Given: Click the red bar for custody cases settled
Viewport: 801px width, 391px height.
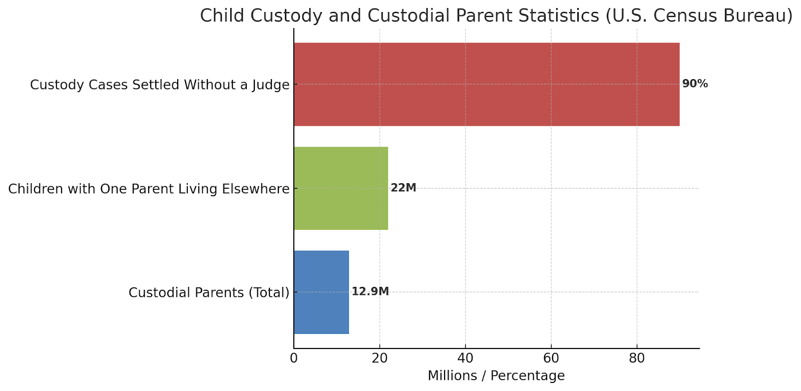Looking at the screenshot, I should [x=486, y=84].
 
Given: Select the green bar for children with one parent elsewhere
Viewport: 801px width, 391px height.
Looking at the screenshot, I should [x=340, y=188].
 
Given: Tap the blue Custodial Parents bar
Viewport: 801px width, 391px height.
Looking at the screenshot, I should [x=321, y=292].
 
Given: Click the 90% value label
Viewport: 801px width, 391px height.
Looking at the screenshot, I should [x=695, y=84].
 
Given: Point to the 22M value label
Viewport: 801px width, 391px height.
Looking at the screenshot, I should [x=403, y=188].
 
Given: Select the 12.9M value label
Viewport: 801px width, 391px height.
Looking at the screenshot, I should [x=370, y=292].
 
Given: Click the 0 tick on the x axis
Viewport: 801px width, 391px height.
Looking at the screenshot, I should [x=294, y=359].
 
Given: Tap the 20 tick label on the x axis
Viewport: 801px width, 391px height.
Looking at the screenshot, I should [x=379, y=359].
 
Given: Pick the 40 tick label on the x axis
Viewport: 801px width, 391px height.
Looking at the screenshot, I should [x=465, y=359].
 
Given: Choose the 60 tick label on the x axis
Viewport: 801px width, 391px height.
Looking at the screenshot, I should [x=551, y=359].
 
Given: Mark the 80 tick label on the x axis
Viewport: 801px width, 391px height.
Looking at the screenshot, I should [x=637, y=359].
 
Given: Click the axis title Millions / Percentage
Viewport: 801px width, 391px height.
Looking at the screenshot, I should [x=496, y=376].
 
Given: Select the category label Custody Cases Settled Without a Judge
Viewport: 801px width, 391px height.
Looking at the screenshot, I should [x=160, y=85].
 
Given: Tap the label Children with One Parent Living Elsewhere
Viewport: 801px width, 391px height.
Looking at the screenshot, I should [x=149, y=189].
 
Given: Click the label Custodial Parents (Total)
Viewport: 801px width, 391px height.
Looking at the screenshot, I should [x=209, y=293].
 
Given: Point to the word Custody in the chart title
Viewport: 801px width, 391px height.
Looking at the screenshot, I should [x=287, y=16].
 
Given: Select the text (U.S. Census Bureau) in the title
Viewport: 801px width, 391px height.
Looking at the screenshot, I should [x=699, y=16].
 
